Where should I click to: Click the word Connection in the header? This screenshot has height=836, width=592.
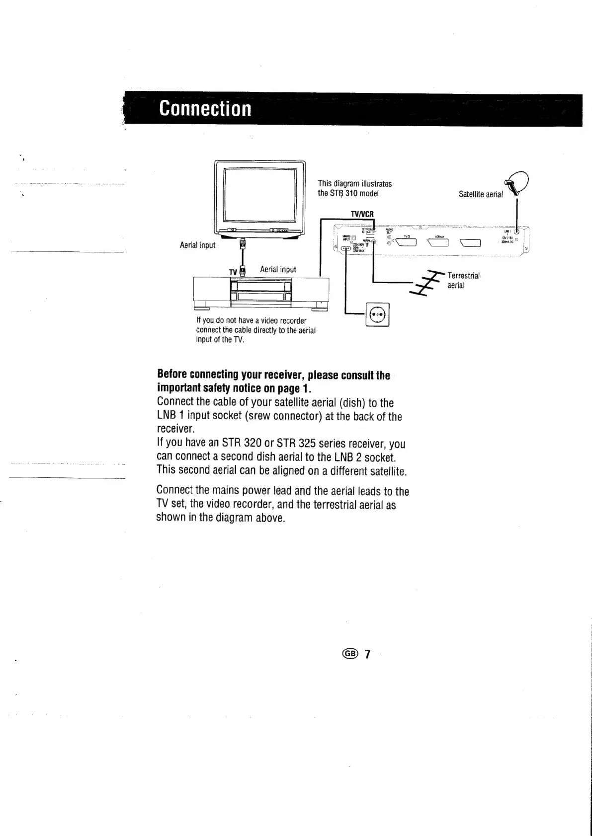click(x=205, y=109)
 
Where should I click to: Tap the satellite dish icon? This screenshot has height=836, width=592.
click(x=517, y=182)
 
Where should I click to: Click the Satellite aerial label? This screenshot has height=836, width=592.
click(x=480, y=194)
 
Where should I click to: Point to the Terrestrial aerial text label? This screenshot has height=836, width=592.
click(x=463, y=280)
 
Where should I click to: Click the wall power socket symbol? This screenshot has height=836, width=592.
click(x=377, y=314)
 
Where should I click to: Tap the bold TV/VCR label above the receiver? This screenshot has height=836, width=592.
click(x=362, y=214)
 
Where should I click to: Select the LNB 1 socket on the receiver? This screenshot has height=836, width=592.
click(x=517, y=231)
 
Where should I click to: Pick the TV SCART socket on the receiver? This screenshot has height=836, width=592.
click(x=405, y=243)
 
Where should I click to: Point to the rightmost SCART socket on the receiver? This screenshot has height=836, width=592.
click(x=471, y=243)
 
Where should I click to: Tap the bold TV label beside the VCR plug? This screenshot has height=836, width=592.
click(x=233, y=272)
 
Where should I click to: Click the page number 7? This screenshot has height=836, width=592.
click(x=367, y=654)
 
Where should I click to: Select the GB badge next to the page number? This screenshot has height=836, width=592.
click(x=350, y=654)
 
